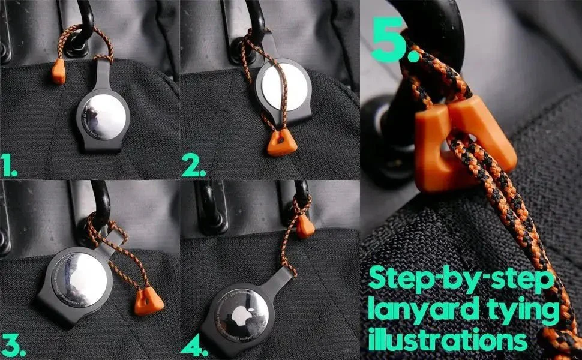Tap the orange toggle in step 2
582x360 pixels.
pos(278,143)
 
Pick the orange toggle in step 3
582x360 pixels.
pos(148,301)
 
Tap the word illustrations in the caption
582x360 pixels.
pos(448,341)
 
